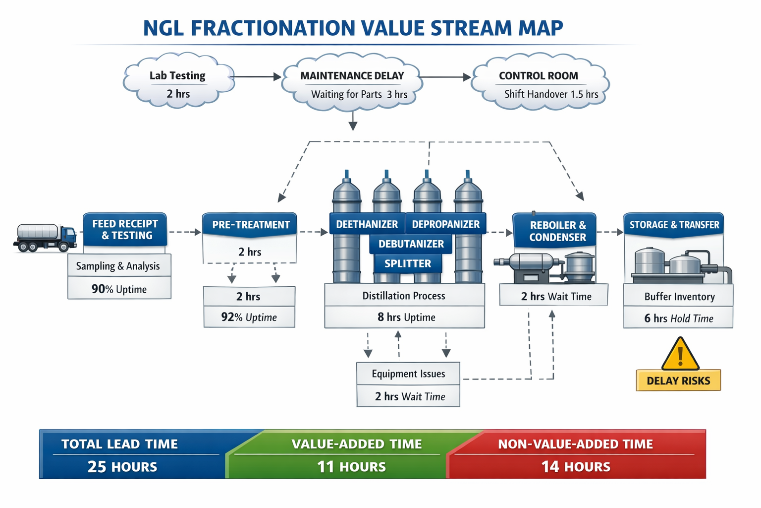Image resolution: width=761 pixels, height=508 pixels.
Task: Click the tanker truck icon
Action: (45, 238)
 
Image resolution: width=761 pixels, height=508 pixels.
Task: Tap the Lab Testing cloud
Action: (179, 81)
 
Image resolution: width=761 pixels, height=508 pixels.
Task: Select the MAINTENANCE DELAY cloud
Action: (352, 82)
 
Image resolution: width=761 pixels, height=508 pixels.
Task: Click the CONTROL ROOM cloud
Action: (540, 81)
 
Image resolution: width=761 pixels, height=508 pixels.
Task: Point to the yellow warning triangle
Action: (680, 354)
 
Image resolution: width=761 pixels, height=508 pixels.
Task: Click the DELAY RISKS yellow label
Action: (678, 380)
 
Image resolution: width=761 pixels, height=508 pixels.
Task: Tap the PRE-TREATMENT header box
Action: (250, 224)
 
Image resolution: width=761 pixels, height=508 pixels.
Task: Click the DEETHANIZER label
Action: (367, 224)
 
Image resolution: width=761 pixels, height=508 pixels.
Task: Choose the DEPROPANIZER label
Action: (446, 224)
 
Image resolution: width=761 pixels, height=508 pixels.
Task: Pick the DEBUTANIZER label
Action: (411, 244)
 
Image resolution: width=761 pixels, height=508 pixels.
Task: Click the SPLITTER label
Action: (408, 263)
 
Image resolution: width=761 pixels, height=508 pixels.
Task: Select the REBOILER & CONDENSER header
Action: (554, 230)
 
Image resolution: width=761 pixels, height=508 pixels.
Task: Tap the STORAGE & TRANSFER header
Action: (674, 225)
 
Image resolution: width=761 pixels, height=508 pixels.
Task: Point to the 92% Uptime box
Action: (249, 317)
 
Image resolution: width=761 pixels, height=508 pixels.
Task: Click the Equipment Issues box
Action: (408, 374)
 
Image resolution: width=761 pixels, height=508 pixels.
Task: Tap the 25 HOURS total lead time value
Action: (122, 467)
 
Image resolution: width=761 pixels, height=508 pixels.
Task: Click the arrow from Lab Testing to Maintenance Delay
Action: (258, 77)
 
